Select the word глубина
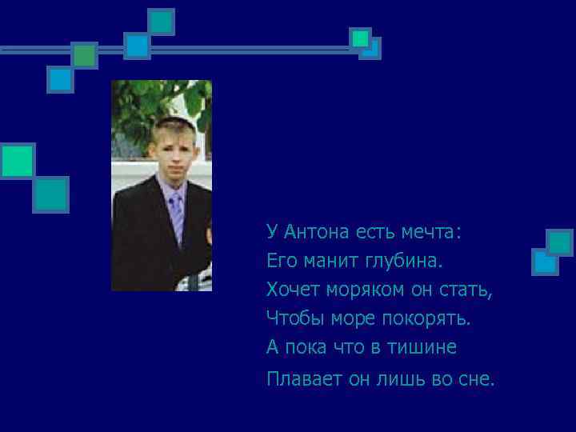[x=406, y=261]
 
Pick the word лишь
[x=402, y=378]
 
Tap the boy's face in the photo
[x=169, y=152]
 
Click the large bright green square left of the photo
[x=17, y=160]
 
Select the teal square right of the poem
[x=560, y=242]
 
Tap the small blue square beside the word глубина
[x=544, y=261]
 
